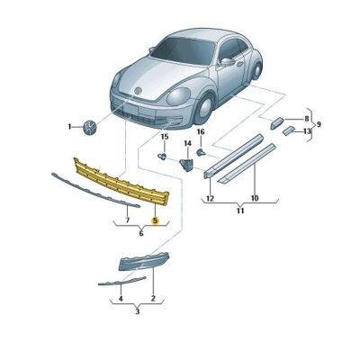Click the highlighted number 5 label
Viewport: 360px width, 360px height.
click(155, 219)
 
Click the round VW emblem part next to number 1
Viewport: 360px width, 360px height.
click(90, 127)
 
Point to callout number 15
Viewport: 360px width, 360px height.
click(164, 137)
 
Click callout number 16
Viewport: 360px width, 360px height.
click(201, 132)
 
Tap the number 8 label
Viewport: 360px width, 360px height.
click(306, 119)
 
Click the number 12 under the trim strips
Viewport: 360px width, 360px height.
click(209, 197)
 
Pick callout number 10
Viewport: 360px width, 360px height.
click(255, 197)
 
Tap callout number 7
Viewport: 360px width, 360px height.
click(127, 219)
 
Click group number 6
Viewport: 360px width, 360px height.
click(141, 232)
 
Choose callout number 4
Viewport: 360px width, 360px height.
click(120, 298)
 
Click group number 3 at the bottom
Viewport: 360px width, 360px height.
click(136, 311)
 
